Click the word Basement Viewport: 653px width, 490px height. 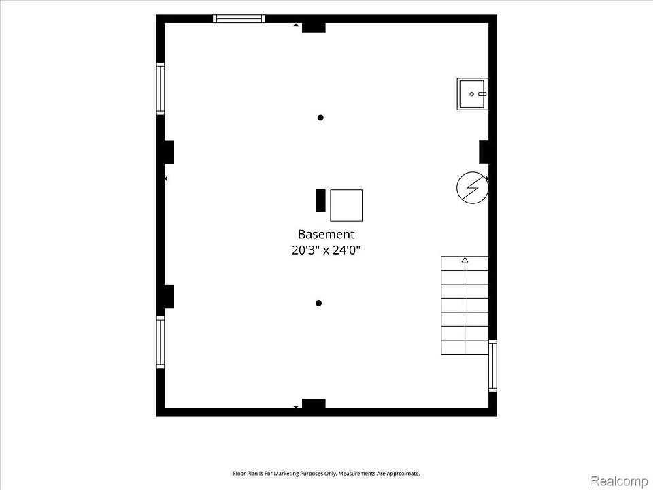tap(326, 234)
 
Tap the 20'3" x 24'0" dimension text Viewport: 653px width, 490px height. tap(326, 250)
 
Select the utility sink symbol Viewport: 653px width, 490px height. tap(472, 94)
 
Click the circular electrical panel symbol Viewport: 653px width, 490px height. tap(472, 188)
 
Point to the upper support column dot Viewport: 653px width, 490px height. tap(320, 118)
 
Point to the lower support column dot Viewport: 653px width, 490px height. tap(318, 303)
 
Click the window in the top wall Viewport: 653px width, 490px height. tap(239, 18)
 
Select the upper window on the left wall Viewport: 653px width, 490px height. tap(161, 88)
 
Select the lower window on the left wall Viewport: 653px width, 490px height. tap(161, 342)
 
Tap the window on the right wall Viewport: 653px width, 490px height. tap(492, 365)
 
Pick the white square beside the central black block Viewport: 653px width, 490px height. tap(346, 206)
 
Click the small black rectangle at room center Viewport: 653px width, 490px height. tap(320, 200)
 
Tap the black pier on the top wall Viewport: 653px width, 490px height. tap(314, 27)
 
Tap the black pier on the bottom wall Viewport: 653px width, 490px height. tap(314, 404)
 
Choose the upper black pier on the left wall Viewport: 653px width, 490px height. tap(169, 152)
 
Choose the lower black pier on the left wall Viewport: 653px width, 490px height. tap(169, 297)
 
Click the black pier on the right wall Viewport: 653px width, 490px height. tap(484, 152)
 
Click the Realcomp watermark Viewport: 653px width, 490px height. tap(619, 481)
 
